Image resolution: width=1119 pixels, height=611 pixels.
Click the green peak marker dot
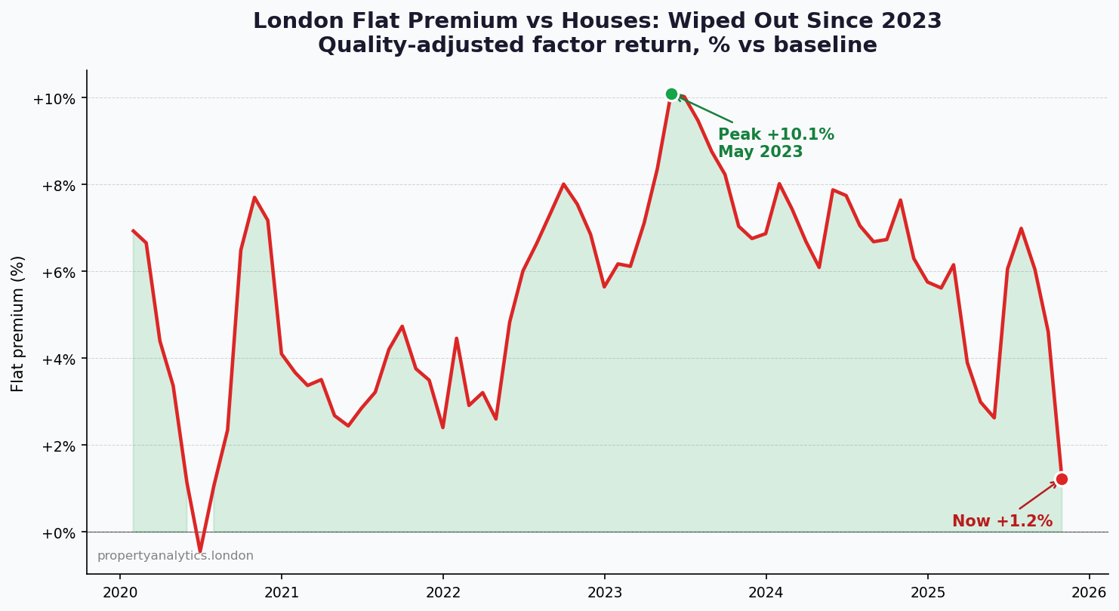671,94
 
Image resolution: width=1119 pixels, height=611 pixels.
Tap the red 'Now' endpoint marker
1062,479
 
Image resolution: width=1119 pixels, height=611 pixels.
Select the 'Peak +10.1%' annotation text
775,135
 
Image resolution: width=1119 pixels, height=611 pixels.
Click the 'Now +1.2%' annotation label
1002,522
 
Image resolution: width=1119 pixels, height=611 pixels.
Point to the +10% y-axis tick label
54,99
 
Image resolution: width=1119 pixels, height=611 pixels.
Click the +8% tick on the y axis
57,186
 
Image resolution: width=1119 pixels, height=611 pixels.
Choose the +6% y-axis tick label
57,273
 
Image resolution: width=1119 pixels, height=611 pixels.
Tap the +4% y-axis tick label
57,360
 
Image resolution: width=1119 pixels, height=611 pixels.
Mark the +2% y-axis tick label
57,446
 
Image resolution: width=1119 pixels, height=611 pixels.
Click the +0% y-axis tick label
57,533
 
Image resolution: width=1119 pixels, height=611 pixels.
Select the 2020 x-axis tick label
120,593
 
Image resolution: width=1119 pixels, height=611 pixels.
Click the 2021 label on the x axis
282,593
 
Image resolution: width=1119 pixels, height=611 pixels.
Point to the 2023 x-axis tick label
604,593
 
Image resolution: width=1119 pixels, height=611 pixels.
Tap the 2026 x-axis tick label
1089,593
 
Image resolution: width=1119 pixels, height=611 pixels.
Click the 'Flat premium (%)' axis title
18,323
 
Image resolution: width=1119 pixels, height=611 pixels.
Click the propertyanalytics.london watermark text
175,556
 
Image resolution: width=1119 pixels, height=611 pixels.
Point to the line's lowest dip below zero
200,551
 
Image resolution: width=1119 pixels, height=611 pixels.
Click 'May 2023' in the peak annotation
760,153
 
